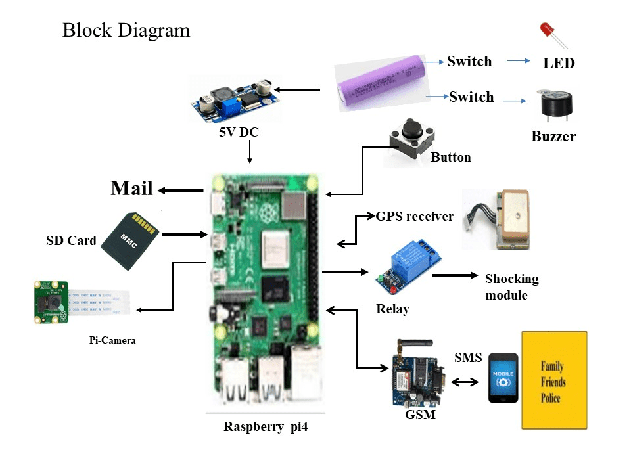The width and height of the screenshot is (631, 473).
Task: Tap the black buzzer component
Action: click(x=554, y=105)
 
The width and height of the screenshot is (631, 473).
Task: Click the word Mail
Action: click(x=131, y=189)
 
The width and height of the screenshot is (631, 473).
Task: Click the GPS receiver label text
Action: click(x=415, y=216)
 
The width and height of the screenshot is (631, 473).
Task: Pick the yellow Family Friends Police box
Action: click(x=553, y=380)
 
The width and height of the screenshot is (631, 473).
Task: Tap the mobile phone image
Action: click(x=503, y=378)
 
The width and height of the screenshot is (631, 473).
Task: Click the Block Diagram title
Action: click(x=126, y=30)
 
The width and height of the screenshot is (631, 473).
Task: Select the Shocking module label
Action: click(x=511, y=287)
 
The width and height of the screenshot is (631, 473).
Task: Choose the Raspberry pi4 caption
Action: click(x=266, y=426)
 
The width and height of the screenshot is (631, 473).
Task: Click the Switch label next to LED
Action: click(x=469, y=62)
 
